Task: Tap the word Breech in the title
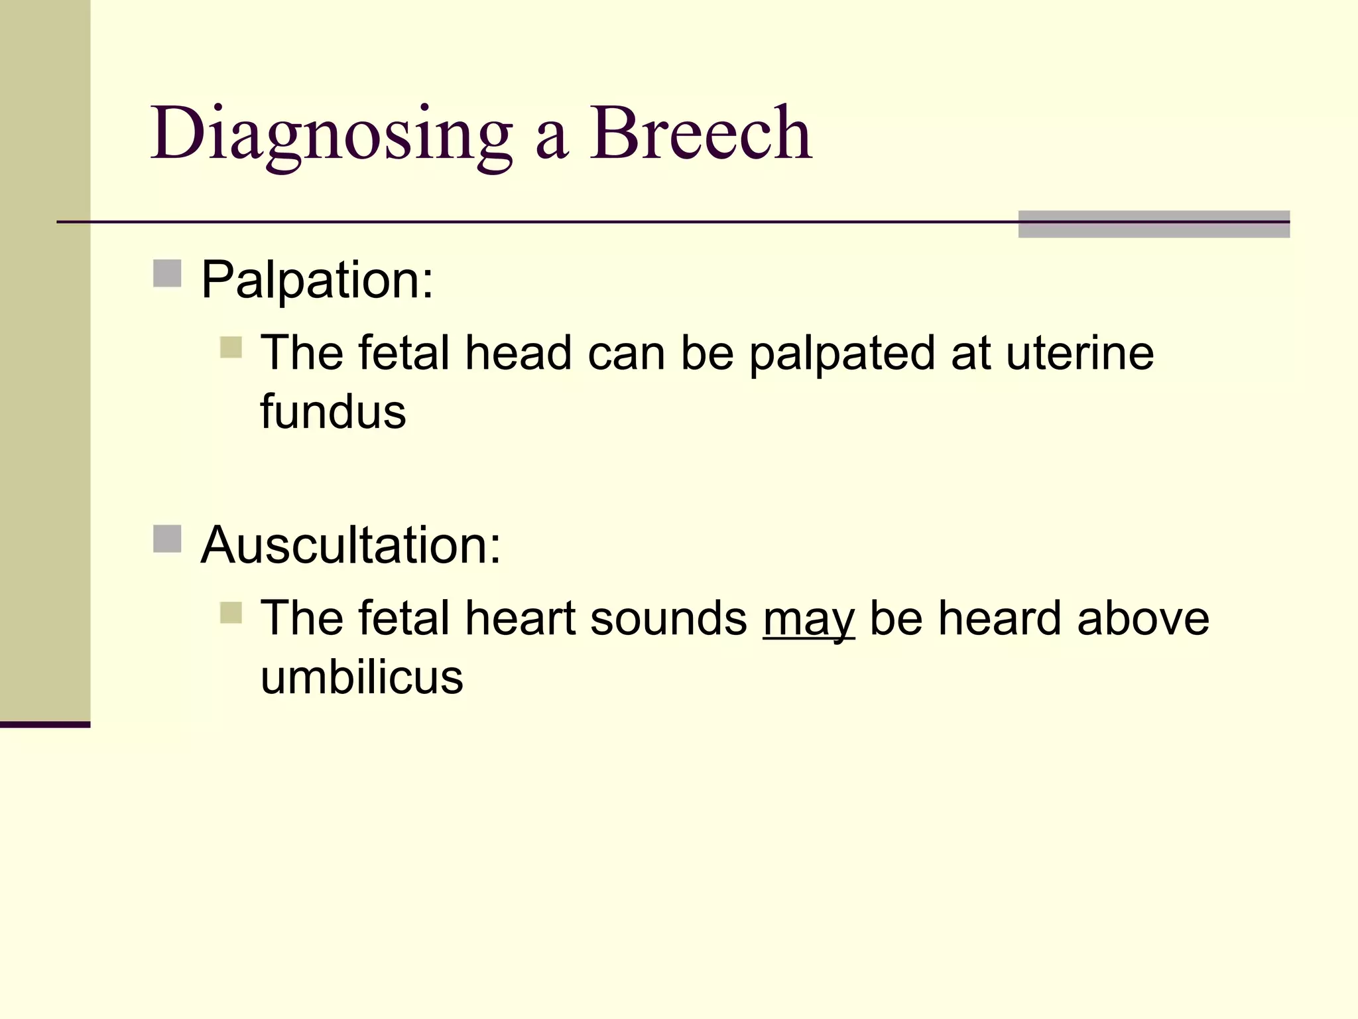701,134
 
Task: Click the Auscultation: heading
351,545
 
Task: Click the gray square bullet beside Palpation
167,273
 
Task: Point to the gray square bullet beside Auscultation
167,539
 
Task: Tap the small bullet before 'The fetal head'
231,347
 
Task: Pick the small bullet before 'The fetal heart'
231,612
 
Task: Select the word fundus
333,412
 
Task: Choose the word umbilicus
361,677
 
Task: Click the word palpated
842,354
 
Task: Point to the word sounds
668,619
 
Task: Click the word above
1143,618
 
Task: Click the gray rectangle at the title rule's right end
1154,224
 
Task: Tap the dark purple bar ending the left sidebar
45,724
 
